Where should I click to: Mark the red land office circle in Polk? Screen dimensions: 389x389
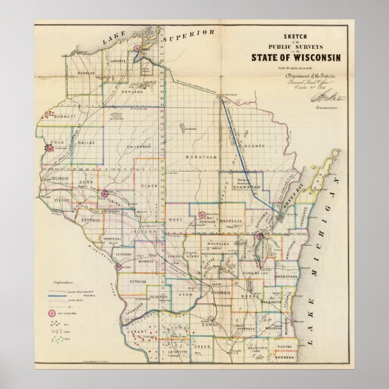coord(48,146)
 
